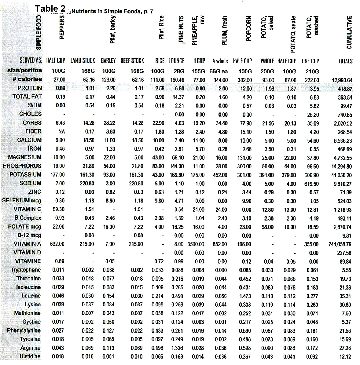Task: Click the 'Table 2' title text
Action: click(50, 9)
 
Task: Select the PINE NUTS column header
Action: click(181, 29)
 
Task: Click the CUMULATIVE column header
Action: click(349, 32)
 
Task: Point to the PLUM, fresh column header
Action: click(224, 31)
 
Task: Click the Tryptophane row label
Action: click(26, 270)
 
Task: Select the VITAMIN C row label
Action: click(28, 209)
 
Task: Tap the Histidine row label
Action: click(30, 356)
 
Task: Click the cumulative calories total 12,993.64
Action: click(342, 80)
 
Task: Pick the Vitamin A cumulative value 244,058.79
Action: click(340, 244)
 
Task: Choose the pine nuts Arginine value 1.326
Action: click(177, 348)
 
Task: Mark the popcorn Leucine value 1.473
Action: click(245, 296)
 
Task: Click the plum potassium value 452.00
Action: click(220, 175)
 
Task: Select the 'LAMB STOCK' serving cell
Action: click(83, 60)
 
